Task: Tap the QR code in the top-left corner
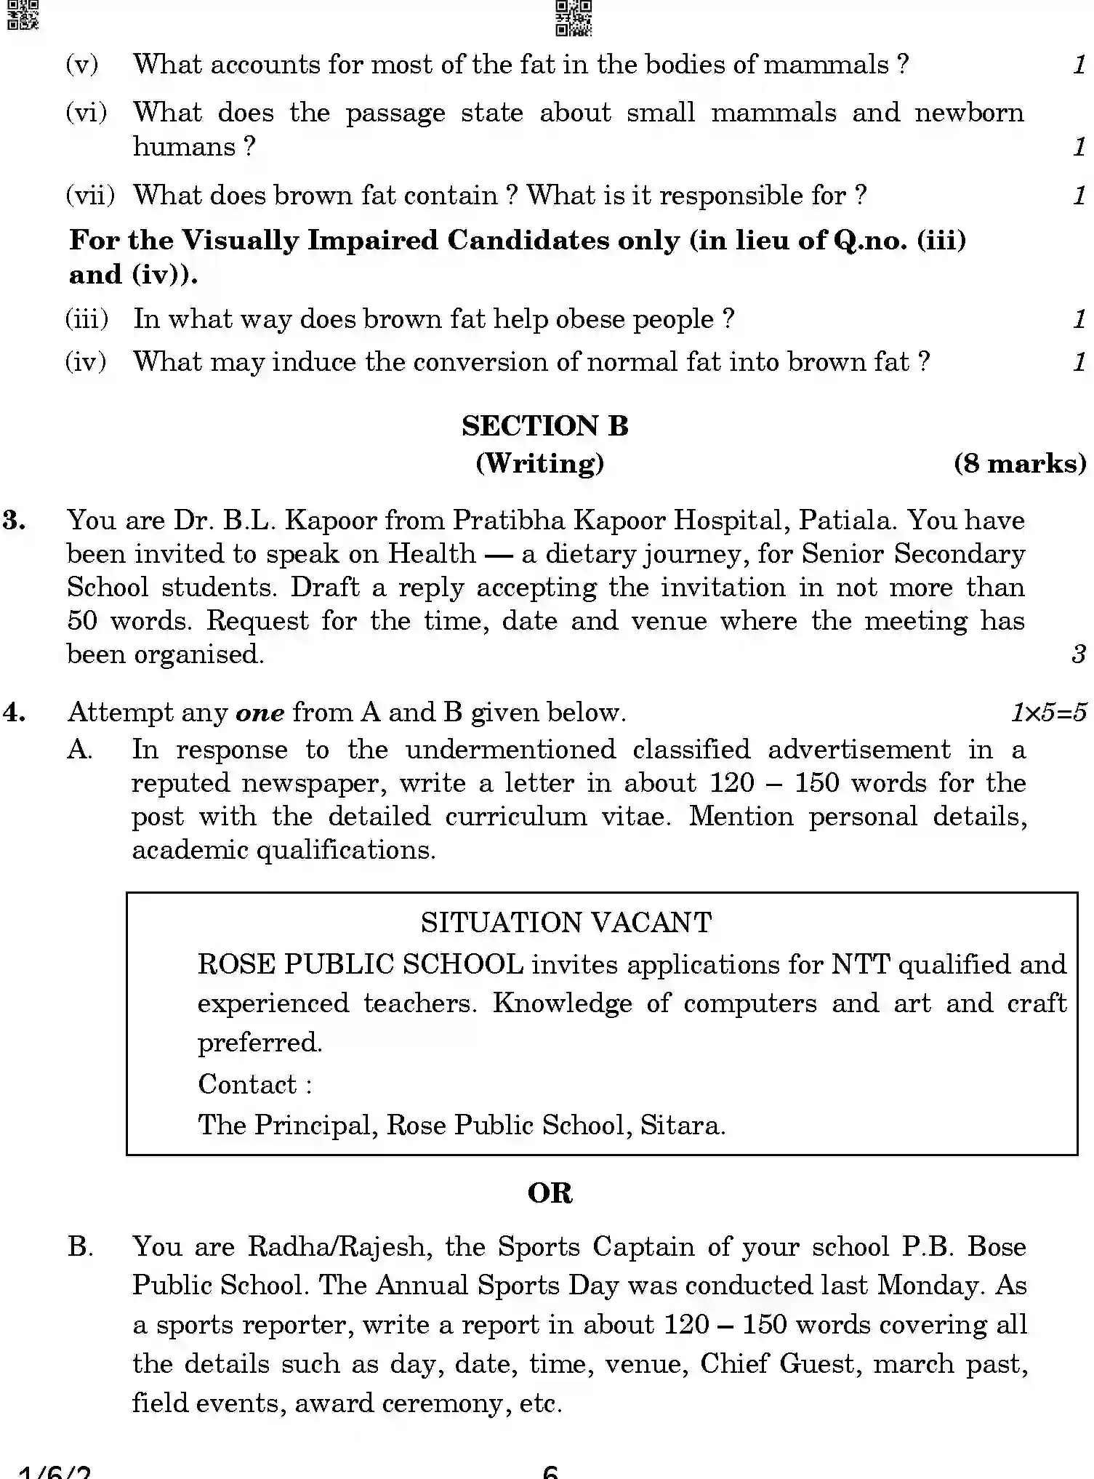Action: (x=21, y=15)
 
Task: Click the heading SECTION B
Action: (x=544, y=426)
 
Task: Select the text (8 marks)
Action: (x=1019, y=463)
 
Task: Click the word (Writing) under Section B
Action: (x=539, y=463)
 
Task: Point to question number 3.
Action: (x=15, y=521)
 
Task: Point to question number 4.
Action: (x=15, y=712)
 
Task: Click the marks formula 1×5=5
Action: (x=1048, y=713)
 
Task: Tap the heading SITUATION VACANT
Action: (x=566, y=923)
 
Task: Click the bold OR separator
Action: (x=550, y=1193)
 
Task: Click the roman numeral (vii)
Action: (x=90, y=196)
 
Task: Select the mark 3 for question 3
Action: (x=1078, y=654)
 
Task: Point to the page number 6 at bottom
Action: (x=550, y=1472)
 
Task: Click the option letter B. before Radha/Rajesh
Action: (x=80, y=1247)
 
